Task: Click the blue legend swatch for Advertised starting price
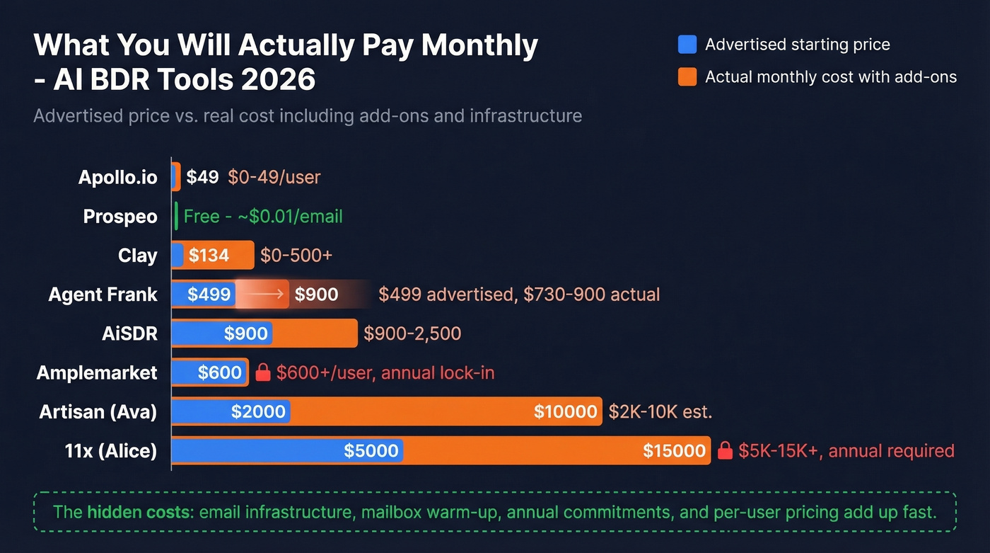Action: click(687, 45)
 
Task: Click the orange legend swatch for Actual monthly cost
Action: click(687, 77)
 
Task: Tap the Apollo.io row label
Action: click(117, 177)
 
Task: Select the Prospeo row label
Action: click(120, 217)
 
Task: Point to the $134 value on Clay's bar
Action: click(209, 256)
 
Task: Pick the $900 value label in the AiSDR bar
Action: click(245, 333)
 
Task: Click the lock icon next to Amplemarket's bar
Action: click(263, 372)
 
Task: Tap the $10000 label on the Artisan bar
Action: click(565, 411)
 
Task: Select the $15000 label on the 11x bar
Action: click(674, 450)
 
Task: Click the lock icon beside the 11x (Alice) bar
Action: click(725, 450)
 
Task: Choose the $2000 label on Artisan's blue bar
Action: click(258, 411)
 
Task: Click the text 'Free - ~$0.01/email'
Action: click(263, 217)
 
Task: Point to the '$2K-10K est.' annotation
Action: click(659, 411)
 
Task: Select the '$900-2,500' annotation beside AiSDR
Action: click(412, 333)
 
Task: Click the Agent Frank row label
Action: click(103, 295)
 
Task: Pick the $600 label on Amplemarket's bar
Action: click(219, 372)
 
